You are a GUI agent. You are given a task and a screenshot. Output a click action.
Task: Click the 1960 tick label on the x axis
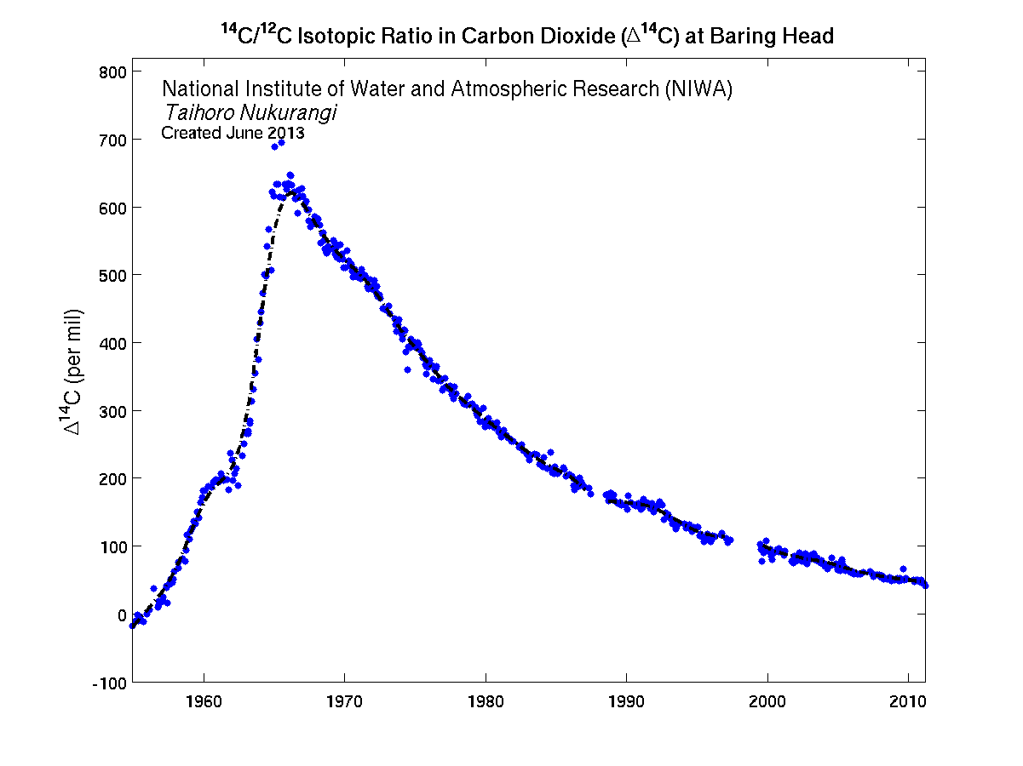[x=204, y=704]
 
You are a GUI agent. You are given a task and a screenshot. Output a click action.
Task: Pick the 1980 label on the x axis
[x=486, y=704]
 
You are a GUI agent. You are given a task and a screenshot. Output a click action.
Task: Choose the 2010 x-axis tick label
[x=908, y=704]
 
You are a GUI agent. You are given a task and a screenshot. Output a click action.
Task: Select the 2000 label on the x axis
[x=767, y=704]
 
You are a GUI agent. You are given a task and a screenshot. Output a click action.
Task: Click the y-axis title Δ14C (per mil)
[x=74, y=371]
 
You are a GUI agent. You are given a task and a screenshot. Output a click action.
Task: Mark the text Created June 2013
[x=233, y=133]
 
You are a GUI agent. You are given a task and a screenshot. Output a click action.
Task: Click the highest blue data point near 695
[x=281, y=143]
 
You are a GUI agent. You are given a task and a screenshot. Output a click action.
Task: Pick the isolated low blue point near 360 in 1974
[x=407, y=369]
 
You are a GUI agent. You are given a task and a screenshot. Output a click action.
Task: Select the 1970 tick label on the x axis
[x=344, y=704]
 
